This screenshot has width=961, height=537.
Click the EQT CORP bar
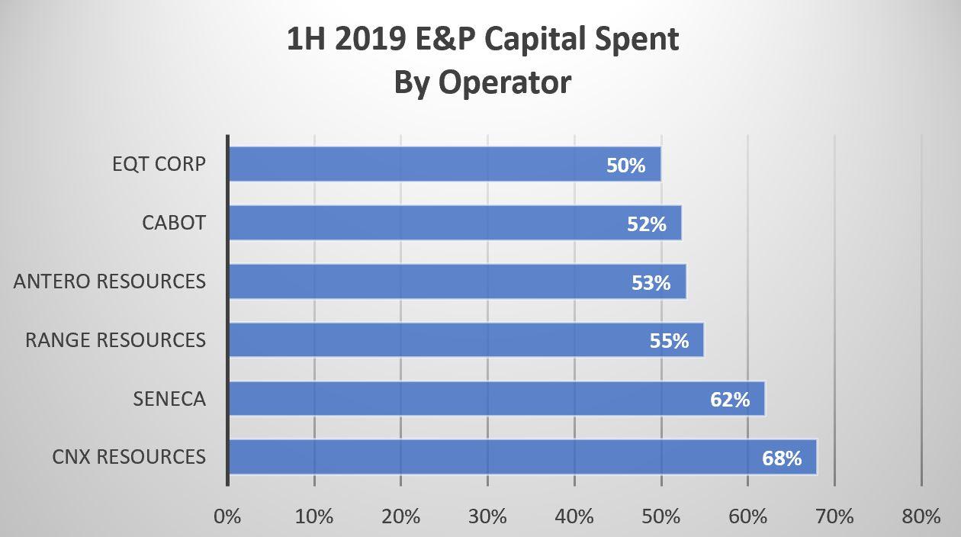[x=445, y=164]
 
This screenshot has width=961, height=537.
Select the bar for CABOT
[x=455, y=223]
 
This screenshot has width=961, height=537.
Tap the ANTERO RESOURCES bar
[x=458, y=281]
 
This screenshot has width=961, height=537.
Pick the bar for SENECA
[x=497, y=398]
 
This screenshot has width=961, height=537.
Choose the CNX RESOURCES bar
[x=523, y=457]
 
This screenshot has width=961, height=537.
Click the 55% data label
[x=669, y=341]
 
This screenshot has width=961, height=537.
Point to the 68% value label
[x=782, y=458]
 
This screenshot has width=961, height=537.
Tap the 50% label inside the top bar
[x=625, y=166]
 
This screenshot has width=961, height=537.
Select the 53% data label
[x=651, y=283]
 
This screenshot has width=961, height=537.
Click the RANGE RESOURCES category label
[x=115, y=340]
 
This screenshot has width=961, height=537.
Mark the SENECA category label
[x=169, y=399]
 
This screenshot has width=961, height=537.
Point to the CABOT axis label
[x=174, y=223]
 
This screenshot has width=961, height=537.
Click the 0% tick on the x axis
[x=227, y=517]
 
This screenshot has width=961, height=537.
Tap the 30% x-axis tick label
[x=487, y=517]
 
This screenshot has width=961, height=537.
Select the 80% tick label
[x=921, y=517]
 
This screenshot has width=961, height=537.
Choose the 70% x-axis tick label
[x=834, y=517]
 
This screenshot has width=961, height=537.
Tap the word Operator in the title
[x=505, y=83]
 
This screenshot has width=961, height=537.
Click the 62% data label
[x=730, y=400]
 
